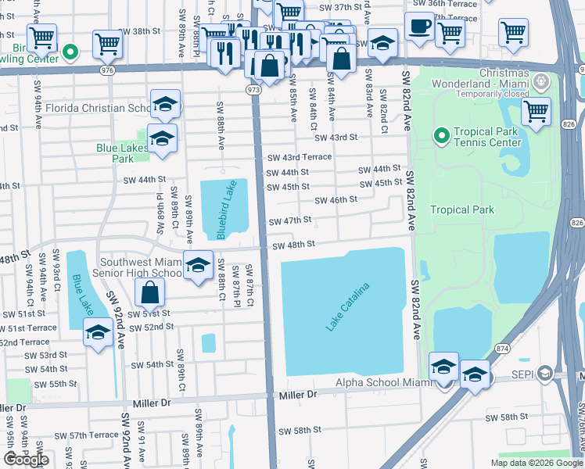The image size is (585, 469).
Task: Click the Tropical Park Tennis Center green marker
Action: pyautogui.click(x=442, y=137)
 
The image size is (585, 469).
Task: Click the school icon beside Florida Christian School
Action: pyautogui.click(x=165, y=104)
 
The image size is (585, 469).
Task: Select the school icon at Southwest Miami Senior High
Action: pyautogui.click(x=199, y=265)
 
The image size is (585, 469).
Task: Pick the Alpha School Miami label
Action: pyautogui.click(x=384, y=382)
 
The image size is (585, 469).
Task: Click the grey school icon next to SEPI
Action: pyautogui.click(x=542, y=374)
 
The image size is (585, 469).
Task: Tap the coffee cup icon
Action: pyautogui.click(x=419, y=27)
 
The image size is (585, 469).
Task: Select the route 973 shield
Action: pyautogui.click(x=255, y=90)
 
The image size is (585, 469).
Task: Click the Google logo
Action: pyautogui.click(x=26, y=460)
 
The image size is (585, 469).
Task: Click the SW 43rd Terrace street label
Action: pyautogui.click(x=299, y=156)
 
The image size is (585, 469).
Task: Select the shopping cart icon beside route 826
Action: pyautogui.click(x=536, y=112)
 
